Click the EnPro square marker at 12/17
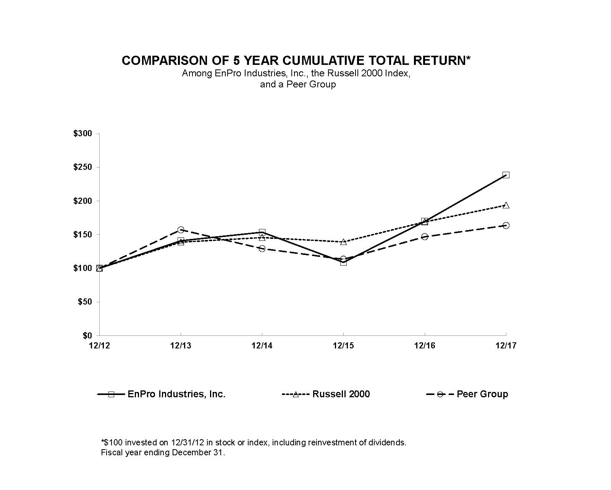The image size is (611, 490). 506,175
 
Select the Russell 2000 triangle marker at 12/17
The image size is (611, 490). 506,205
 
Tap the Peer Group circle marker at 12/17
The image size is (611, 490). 506,226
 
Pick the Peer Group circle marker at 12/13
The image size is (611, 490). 181,230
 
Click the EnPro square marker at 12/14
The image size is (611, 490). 262,232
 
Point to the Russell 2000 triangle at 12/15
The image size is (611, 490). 343,242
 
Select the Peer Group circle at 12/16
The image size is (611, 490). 424,237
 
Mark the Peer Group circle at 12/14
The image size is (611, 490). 262,248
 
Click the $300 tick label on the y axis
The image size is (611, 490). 83,134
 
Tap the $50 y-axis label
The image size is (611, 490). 85,302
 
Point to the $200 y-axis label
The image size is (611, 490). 83,201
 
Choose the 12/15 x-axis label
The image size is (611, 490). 343,346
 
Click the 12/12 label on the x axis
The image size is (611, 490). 99,346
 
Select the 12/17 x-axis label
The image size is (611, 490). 506,346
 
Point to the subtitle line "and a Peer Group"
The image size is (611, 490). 298,84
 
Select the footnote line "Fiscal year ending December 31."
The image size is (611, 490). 163,453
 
